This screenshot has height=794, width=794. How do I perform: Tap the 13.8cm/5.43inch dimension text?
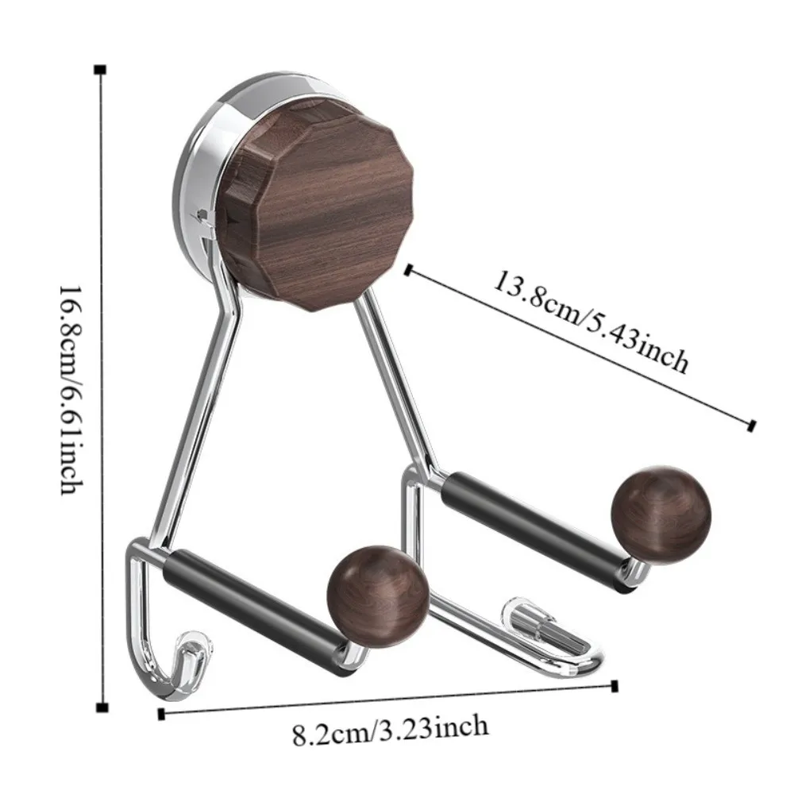[592, 322]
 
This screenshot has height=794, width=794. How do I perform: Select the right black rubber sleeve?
[532, 527]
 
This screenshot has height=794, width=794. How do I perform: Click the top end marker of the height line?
[100, 71]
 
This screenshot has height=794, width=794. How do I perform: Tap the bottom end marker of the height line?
[100, 707]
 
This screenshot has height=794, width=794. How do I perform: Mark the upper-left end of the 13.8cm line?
[408, 270]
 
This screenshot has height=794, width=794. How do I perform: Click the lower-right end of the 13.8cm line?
[750, 426]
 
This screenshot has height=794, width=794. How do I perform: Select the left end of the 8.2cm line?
[161, 714]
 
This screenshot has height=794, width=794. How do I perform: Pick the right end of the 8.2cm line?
[615, 685]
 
